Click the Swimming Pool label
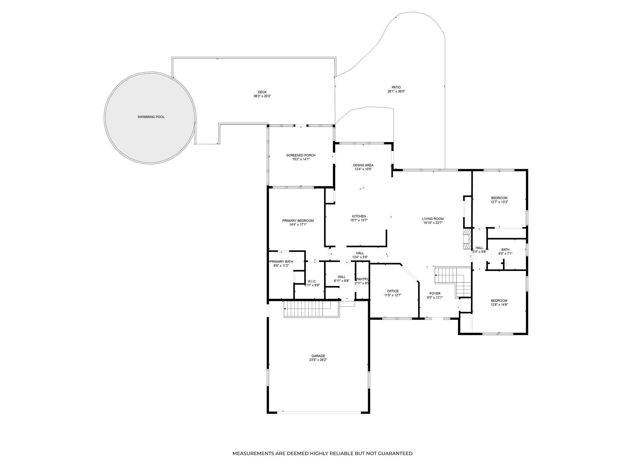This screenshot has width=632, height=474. (x=151, y=117)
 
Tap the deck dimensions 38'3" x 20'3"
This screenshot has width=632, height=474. (x=262, y=96)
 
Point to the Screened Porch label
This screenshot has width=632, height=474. (x=301, y=155)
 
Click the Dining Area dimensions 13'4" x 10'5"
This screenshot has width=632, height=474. (x=363, y=169)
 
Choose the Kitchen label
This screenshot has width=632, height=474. (x=359, y=216)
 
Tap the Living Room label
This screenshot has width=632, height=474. (x=433, y=219)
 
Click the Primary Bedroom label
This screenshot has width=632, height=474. (x=298, y=221)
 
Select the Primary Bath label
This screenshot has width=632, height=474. (x=281, y=262)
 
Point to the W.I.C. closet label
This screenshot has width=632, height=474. (x=311, y=281)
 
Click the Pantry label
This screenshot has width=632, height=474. (x=362, y=279)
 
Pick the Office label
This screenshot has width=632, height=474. (x=392, y=291)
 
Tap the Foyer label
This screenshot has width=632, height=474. (x=435, y=293)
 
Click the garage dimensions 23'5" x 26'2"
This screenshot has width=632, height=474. (x=318, y=360)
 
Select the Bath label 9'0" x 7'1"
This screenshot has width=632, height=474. (x=505, y=249)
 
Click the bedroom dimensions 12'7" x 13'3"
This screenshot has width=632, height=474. (x=499, y=202)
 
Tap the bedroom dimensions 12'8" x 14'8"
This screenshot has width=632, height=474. (x=499, y=305)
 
